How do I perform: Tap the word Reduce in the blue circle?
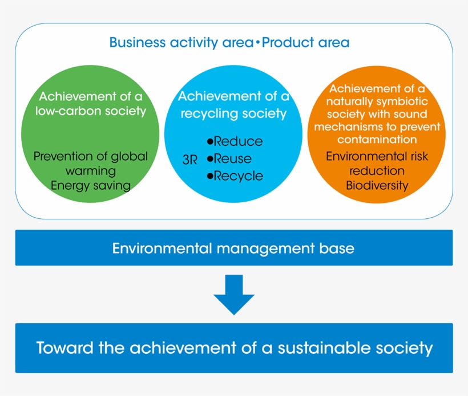pos(238,142)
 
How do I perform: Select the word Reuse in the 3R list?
pos(232,159)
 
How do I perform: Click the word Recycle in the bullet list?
pos(238,176)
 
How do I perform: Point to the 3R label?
pos(189,160)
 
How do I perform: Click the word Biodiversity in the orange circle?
pos(377,185)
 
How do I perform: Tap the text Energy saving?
pos(91,185)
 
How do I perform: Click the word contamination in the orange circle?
pos(377,140)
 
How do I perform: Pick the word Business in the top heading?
pos(134,43)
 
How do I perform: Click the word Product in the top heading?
pos(283,43)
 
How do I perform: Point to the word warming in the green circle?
pos(91,171)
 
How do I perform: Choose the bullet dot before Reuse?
pos(209,159)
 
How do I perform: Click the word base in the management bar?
pos(338,248)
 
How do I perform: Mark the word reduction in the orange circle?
pos(377,171)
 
